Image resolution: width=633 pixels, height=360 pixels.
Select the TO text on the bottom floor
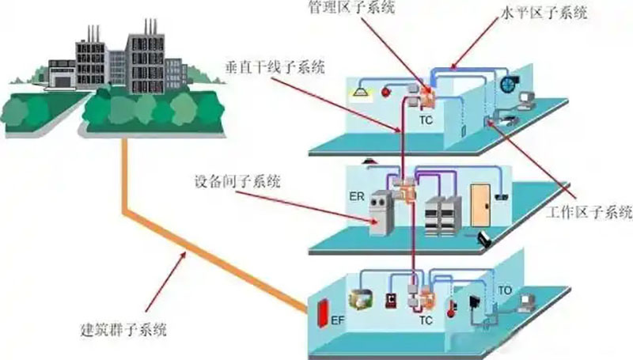click(506, 291)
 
